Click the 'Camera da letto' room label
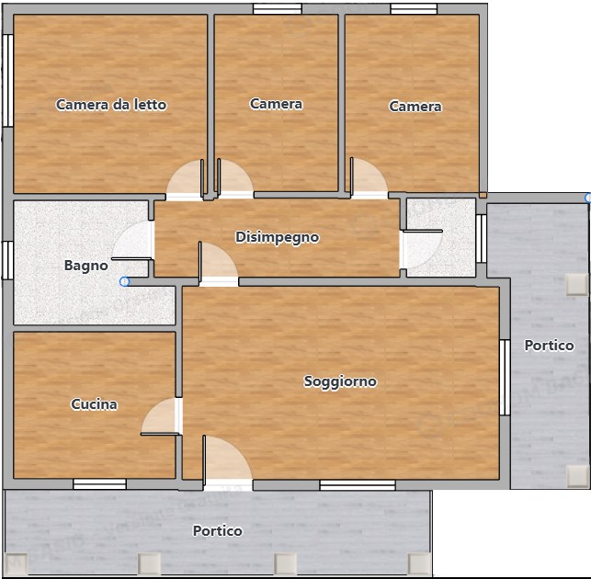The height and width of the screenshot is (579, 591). pyautogui.click(x=111, y=105)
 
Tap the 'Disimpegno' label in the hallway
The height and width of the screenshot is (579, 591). pyautogui.click(x=278, y=237)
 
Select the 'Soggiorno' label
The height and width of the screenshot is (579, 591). pyautogui.click(x=340, y=381)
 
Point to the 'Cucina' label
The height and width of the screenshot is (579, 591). pyautogui.click(x=94, y=404)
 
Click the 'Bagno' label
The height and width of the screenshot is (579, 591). pyautogui.click(x=85, y=266)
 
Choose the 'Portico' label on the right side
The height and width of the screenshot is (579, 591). pyautogui.click(x=549, y=346)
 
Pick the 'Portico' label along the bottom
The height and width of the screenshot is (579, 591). pyautogui.click(x=218, y=531)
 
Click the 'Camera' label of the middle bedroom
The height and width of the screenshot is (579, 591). pyautogui.click(x=276, y=104)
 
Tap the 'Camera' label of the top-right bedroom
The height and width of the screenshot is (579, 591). pyautogui.click(x=415, y=107)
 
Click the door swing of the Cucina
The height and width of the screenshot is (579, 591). pyautogui.click(x=162, y=418)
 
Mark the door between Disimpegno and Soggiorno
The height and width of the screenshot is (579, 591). pyautogui.click(x=217, y=265)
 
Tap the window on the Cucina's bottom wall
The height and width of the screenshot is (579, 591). pyautogui.click(x=99, y=483)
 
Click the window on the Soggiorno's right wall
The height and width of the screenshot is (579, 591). pyautogui.click(x=504, y=377)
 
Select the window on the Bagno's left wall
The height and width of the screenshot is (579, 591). pyautogui.click(x=7, y=259)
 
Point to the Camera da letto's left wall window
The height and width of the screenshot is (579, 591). pyautogui.click(x=7, y=80)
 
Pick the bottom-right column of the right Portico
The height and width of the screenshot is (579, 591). pyautogui.click(x=577, y=475)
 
